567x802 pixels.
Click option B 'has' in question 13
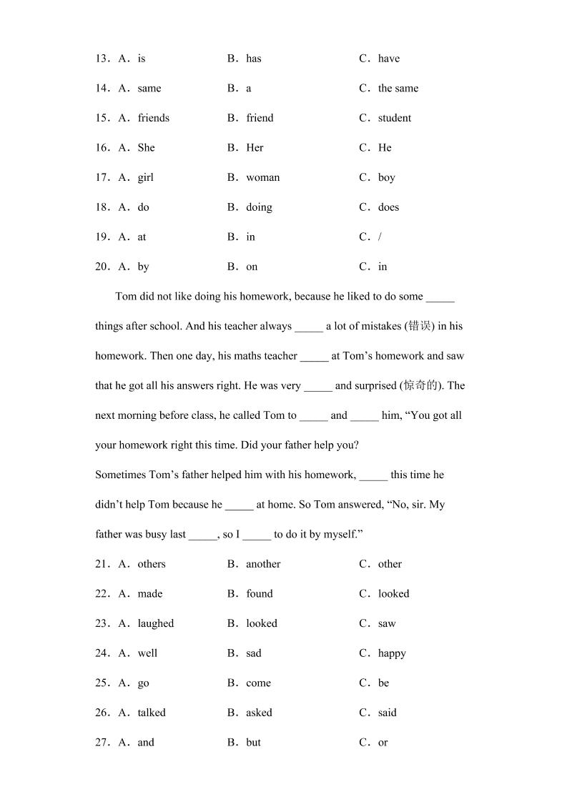(253, 59)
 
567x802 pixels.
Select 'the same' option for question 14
(398, 89)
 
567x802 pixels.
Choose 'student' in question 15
(394, 118)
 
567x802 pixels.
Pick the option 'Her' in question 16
(255, 148)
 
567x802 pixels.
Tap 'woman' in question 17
(262, 177)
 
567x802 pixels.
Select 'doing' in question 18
(259, 207)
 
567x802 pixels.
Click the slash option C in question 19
(380, 237)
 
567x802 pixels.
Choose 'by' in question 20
(143, 267)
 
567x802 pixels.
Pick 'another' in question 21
(263, 564)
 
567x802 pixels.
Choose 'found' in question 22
(259, 594)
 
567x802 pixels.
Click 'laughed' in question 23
(155, 623)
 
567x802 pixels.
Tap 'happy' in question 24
(392, 653)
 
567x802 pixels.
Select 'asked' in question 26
(259, 713)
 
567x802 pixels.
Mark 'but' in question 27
(253, 743)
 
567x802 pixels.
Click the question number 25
(102, 683)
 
